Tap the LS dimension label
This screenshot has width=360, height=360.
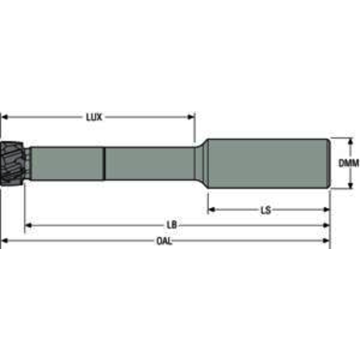coord(266,210)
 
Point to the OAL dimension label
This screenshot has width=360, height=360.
coord(164,241)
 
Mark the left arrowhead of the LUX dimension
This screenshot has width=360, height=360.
coord(5,118)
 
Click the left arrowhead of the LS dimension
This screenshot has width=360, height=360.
coord(210,210)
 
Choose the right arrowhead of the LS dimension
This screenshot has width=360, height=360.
coord(326,210)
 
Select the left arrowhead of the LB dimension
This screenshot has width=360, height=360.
coord(29,226)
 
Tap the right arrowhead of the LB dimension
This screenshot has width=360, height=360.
coord(326,226)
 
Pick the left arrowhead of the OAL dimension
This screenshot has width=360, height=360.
coord(5,241)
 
